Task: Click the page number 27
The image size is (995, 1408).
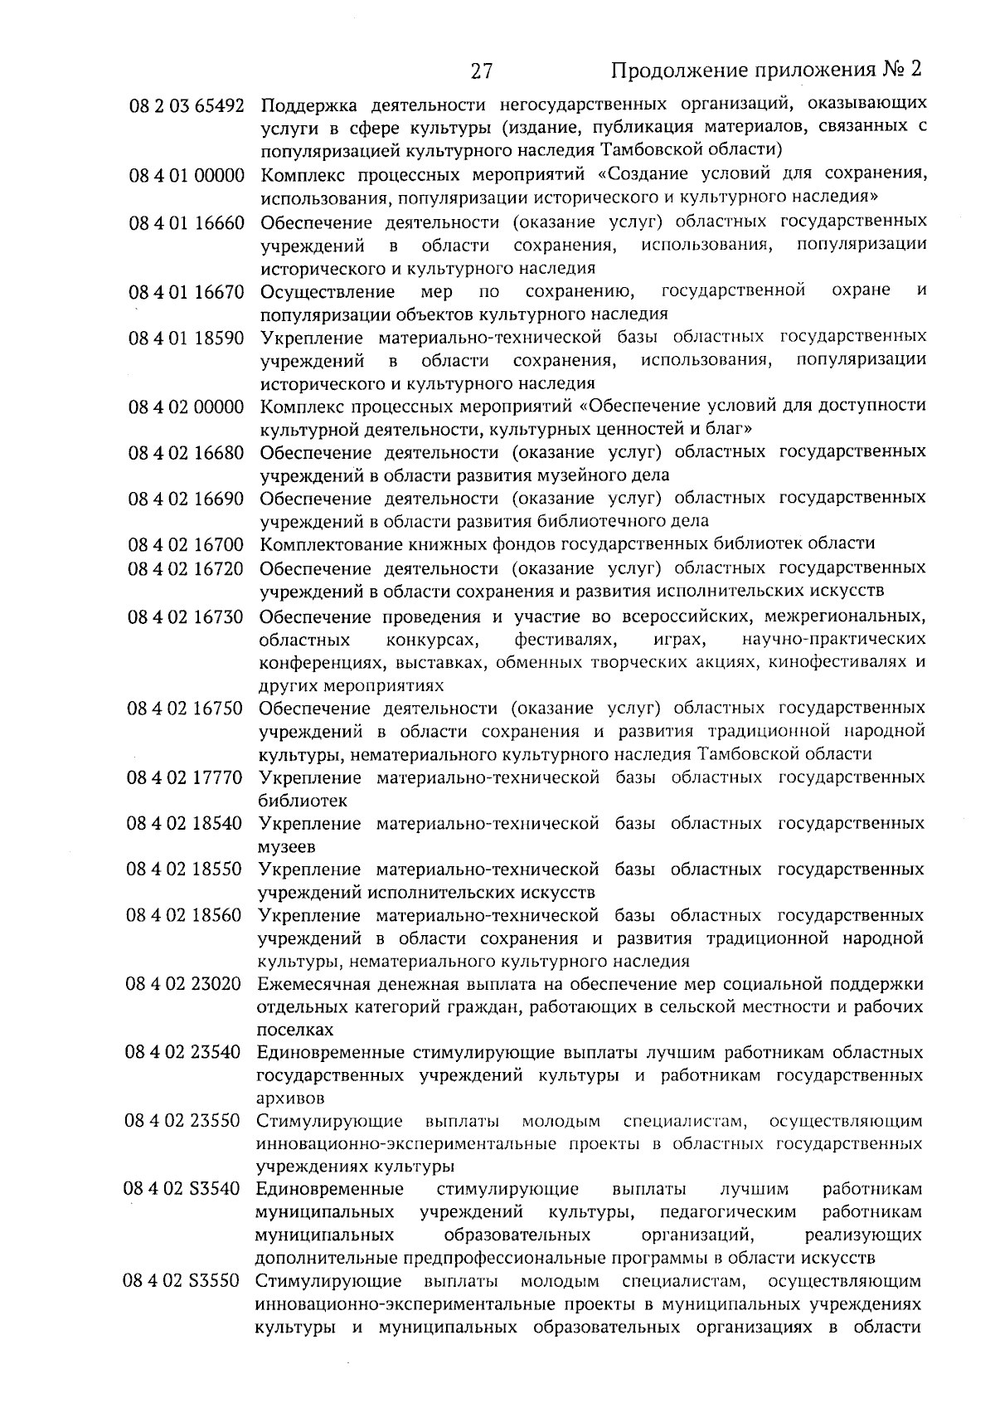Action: point(482,71)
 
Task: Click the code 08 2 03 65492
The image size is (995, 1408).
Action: point(187,106)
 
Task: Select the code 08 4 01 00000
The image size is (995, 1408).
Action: point(187,175)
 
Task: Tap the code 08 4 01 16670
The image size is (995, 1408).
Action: point(187,291)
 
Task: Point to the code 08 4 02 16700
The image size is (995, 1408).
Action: point(186,544)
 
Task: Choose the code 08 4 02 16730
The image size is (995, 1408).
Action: point(185,616)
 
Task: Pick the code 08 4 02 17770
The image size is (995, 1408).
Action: point(184,778)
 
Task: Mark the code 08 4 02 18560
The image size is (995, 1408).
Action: point(184,916)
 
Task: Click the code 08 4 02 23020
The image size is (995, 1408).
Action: point(183,985)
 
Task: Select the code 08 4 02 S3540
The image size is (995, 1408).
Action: point(182,1190)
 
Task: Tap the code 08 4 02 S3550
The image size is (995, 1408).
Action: point(182,1282)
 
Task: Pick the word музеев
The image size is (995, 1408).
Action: point(287,847)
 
